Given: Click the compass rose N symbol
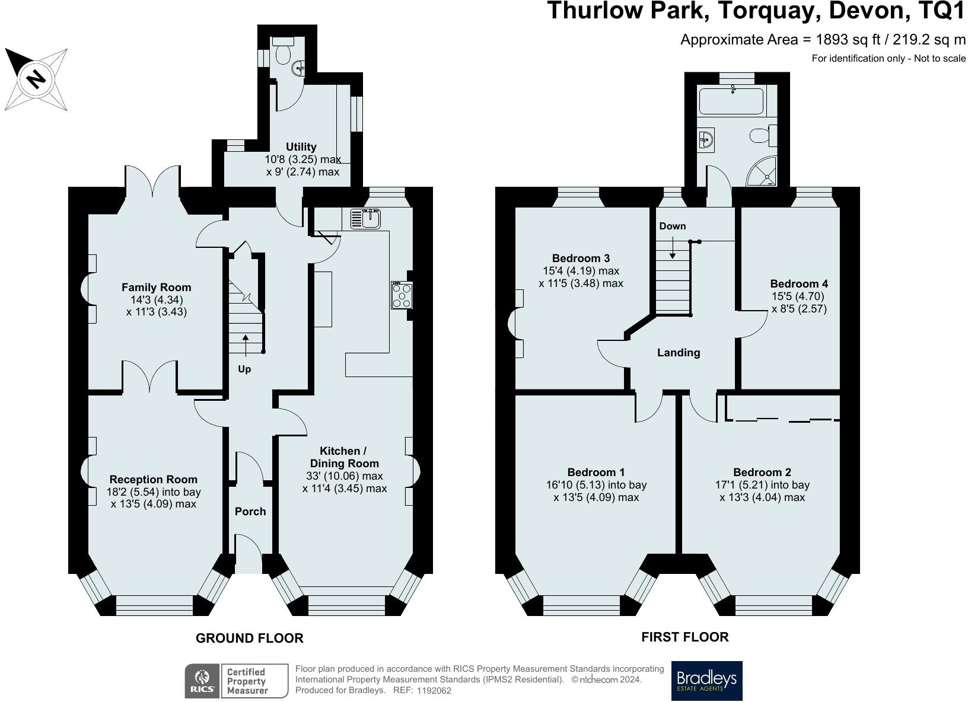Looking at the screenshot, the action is point(36,79).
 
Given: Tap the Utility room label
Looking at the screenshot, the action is point(301,147).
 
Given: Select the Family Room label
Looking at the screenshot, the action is point(156,288).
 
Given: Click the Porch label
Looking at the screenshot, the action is point(250,512).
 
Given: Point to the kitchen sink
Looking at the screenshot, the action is point(365,219).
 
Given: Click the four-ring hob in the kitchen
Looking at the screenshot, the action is point(402,295).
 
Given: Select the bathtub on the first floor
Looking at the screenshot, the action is point(731,101).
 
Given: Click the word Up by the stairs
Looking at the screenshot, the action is point(244,369).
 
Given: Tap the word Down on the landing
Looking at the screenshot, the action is point(673,226).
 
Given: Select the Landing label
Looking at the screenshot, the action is point(679,353).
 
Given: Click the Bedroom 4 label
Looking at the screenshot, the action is point(799,284).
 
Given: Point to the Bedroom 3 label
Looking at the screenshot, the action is point(581,259).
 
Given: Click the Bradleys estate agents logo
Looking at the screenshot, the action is point(706,681).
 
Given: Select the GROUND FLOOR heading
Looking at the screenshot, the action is point(249,639).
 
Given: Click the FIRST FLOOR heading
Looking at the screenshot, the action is point(685,637).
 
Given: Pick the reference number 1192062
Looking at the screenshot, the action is point(434,690).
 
